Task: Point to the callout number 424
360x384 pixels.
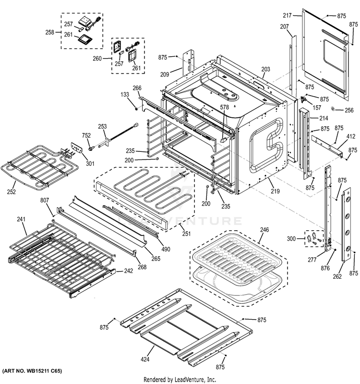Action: coord(145,359)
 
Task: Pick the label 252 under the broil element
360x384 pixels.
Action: coord(11,192)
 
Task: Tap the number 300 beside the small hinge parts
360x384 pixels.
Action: coord(291,239)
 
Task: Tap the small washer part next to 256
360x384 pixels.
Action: coord(332,110)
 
